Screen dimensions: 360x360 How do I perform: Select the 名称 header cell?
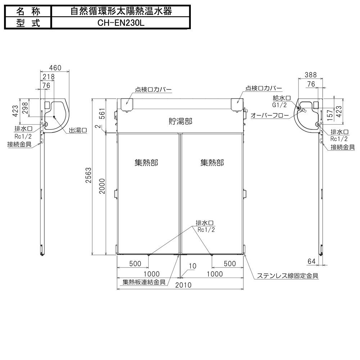pos(28,11)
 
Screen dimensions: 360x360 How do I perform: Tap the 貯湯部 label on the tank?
pos(180,121)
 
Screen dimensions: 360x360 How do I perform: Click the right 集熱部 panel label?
pos(212,163)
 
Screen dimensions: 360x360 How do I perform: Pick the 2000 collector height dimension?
pos(102,185)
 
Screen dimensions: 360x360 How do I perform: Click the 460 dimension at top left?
pos(55,68)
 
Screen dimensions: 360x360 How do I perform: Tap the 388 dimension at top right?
pos(310,75)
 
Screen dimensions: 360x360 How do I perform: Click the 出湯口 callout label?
pos(78,130)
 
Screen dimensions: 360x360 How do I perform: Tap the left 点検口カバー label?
pos(153,89)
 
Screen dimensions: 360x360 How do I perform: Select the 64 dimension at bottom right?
pos(312,261)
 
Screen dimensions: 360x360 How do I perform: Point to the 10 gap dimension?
pos(192,266)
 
